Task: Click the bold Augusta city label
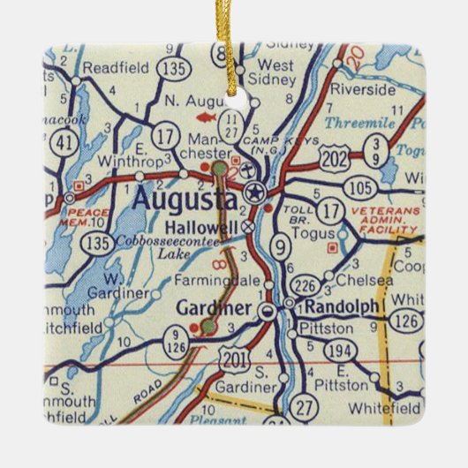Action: coord(184,200)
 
